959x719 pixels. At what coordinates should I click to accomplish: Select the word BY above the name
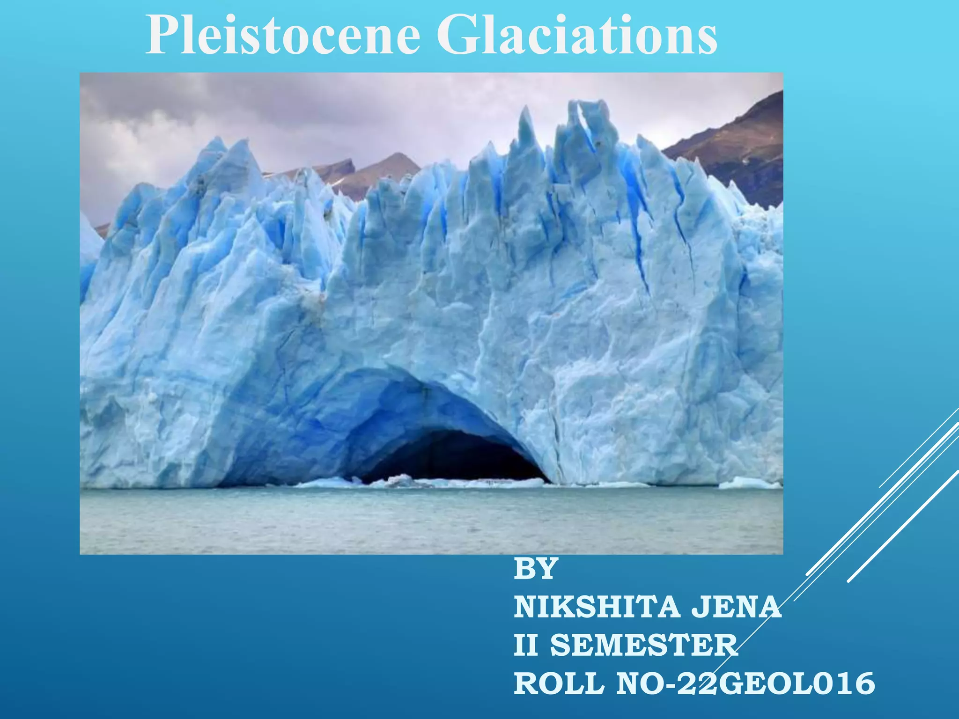point(535,569)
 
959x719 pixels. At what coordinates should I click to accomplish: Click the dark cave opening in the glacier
point(450,456)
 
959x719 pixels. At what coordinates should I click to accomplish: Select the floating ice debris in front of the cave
point(398,480)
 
